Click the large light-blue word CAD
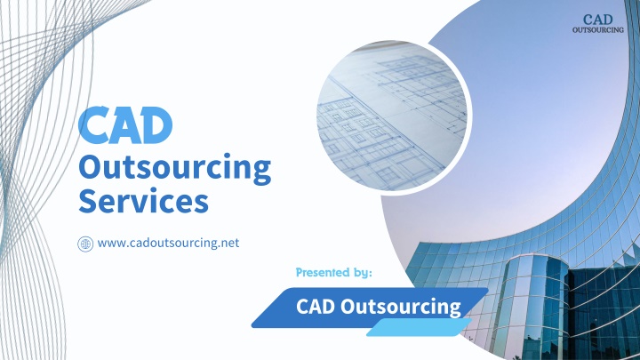[125, 125]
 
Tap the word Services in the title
[143, 201]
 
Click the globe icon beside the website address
[85, 244]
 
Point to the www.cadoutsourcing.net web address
[168, 244]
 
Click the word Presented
[323, 272]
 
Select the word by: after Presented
[363, 272]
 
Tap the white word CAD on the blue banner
[316, 307]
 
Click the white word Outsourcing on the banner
[400, 308]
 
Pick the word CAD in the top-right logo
[598, 20]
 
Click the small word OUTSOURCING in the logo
[598, 30]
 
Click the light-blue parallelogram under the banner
[419, 328]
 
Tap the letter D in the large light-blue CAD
[157, 125]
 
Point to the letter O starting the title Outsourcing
[90, 166]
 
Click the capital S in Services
[89, 201]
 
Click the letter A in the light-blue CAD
[124, 125]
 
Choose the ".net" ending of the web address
[228, 244]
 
